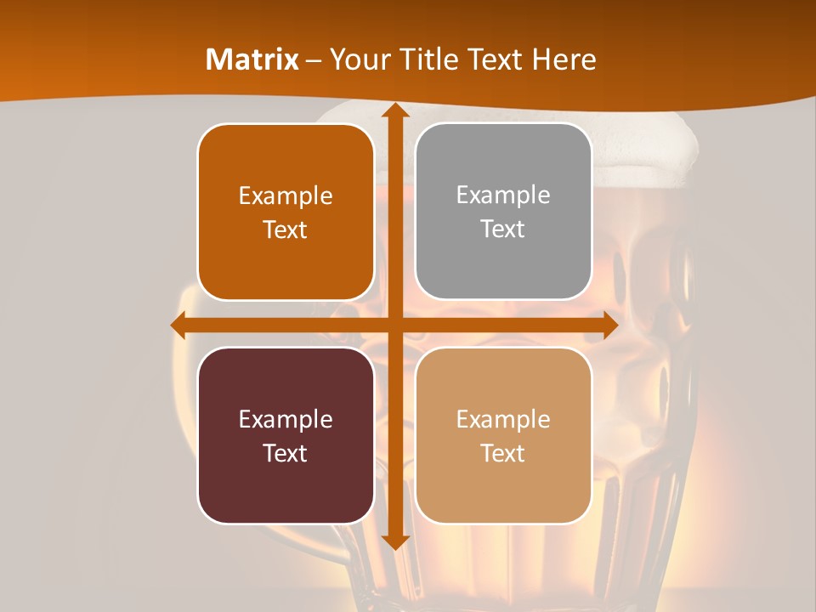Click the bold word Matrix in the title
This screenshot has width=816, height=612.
pos(252,59)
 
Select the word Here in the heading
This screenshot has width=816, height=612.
pos(564,59)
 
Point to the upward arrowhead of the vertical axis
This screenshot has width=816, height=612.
pos(394,111)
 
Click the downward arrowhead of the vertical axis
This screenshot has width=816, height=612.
pos(394,541)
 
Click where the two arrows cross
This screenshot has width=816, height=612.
pos(394,325)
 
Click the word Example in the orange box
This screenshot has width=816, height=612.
pos(286,196)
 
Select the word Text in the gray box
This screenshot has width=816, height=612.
pos(503,229)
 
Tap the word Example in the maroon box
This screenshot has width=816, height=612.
pos(286,420)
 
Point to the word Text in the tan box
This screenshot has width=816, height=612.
pos(503,453)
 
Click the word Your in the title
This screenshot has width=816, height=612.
pos(354,59)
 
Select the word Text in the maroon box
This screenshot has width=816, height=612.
pos(286,453)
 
